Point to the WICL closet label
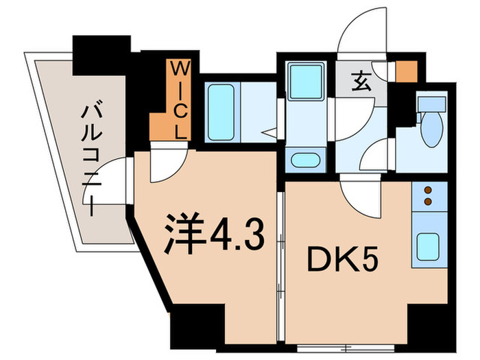(179, 100)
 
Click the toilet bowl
(431, 130)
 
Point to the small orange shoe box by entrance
(407, 71)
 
